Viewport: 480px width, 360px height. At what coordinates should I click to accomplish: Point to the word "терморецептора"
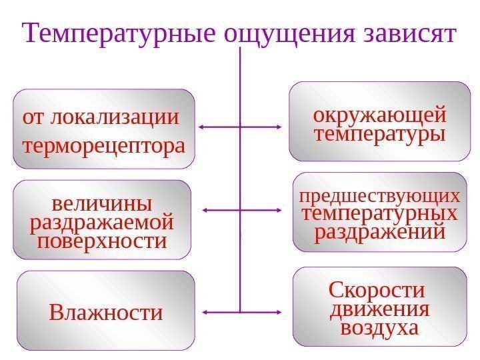[x=104, y=144]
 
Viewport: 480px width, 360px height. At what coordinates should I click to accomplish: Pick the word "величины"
[x=102, y=201]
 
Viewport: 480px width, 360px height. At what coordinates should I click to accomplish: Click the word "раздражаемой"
[x=102, y=221]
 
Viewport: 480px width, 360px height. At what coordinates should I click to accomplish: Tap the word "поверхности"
[x=102, y=241]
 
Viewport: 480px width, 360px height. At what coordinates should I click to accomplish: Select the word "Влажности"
[x=105, y=312]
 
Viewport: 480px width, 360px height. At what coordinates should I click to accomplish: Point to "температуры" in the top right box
[x=380, y=135]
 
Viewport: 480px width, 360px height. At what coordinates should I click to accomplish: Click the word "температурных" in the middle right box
[x=380, y=215]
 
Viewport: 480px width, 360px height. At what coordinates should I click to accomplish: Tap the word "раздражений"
[x=380, y=233]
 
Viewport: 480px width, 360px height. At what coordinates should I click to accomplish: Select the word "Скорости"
[x=377, y=291]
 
